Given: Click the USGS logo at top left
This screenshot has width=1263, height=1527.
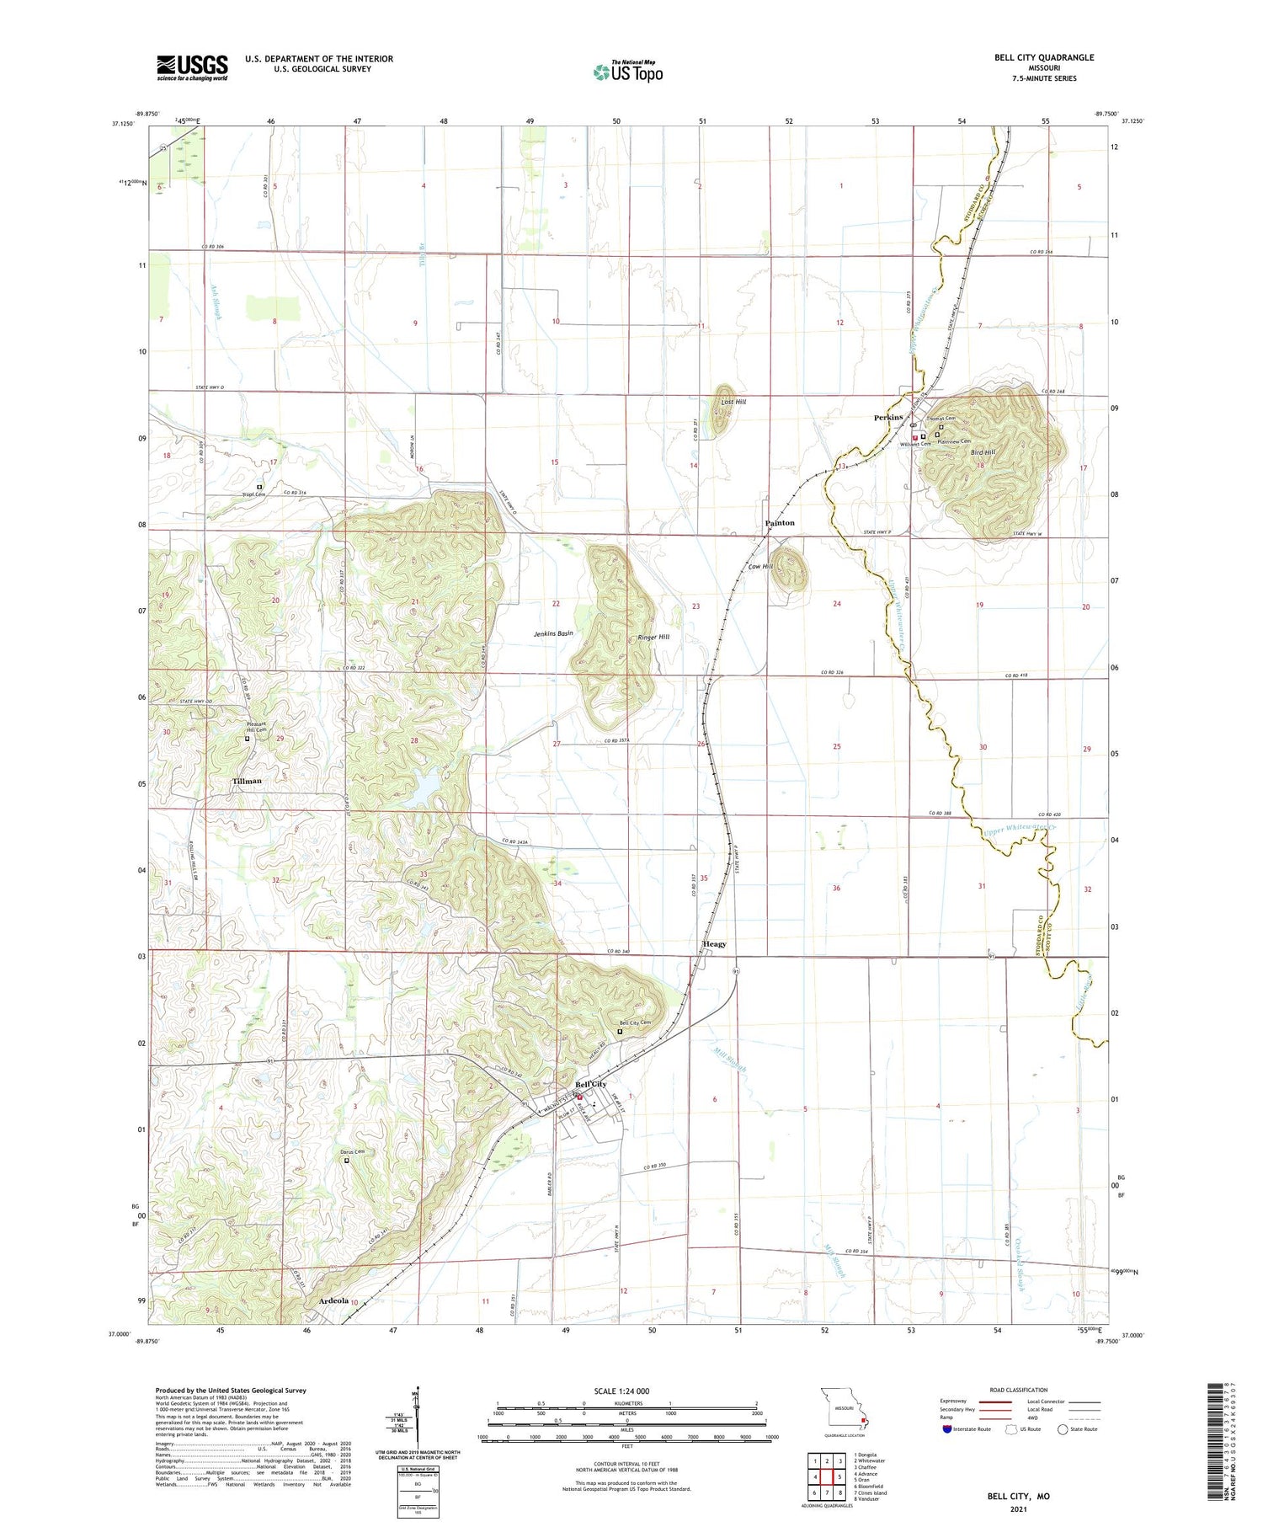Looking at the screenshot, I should click(x=192, y=67).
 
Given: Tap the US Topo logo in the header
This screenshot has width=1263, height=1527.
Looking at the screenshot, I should click(x=627, y=72).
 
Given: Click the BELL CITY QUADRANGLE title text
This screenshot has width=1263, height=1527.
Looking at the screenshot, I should click(x=1043, y=57).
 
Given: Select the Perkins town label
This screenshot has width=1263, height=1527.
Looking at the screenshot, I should click(x=888, y=418).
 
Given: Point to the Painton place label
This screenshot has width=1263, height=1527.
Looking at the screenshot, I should click(x=779, y=523).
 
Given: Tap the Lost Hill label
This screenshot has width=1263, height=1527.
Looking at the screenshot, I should click(x=733, y=403).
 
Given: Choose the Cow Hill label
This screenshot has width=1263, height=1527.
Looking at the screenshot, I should click(x=760, y=567).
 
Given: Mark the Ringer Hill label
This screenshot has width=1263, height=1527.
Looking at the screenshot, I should click(x=653, y=638).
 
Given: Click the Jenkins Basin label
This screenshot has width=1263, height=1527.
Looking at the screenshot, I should click(x=553, y=633).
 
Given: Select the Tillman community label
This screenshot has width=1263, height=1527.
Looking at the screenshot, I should click(x=247, y=781).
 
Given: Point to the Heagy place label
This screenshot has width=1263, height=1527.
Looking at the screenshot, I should click(x=714, y=944).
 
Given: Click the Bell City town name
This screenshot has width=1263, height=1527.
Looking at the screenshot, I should click(x=590, y=1084).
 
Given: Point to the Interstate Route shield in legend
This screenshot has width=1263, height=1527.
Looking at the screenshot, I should click(x=946, y=1429).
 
